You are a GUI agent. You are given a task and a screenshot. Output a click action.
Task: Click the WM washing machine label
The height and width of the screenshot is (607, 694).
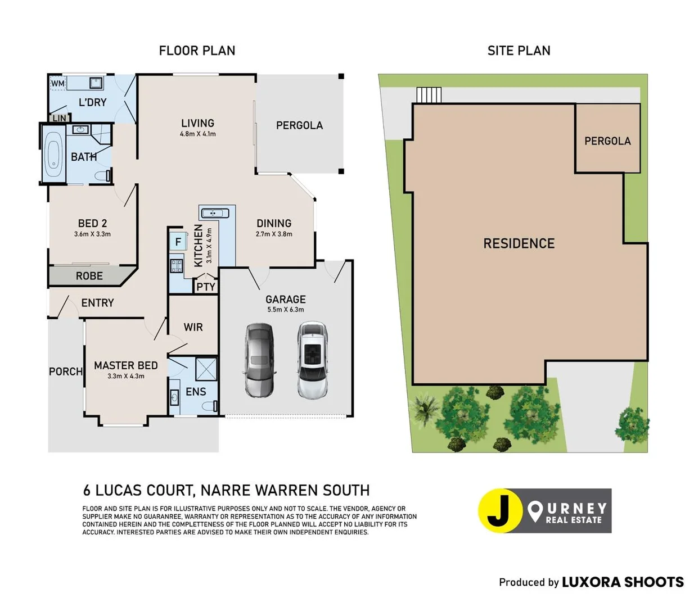click(58, 83)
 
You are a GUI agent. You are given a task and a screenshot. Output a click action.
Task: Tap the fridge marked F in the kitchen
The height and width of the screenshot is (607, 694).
click(178, 242)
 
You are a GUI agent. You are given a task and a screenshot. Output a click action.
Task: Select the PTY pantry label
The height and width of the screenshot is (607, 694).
click(206, 287)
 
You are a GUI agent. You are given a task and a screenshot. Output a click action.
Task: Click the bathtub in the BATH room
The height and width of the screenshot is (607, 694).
click(53, 154)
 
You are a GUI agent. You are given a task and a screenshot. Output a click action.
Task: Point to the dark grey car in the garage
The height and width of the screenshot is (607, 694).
click(259, 360)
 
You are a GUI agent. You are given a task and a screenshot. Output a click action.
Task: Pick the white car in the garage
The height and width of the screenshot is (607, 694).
click(313, 360)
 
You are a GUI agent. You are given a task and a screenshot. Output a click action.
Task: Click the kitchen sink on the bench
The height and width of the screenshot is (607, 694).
click(215, 213)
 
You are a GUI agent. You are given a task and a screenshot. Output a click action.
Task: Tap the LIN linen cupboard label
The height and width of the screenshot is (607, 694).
click(60, 118)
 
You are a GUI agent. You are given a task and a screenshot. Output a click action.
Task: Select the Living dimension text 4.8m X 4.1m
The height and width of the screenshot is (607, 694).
click(198, 134)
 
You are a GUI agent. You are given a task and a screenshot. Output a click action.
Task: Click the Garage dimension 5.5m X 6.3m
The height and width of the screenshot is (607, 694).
click(286, 310)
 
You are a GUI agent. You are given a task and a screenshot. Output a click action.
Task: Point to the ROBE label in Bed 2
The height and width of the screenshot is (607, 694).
click(89, 276)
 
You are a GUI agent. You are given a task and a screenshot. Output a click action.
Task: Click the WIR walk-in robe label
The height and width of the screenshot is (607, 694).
click(193, 327)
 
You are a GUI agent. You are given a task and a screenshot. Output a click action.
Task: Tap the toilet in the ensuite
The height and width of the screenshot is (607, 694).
click(209, 406)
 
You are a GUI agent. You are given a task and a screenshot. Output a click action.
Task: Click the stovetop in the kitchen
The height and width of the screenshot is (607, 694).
click(177, 266)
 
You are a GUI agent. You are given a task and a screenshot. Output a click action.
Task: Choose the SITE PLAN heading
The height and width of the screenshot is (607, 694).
click(519, 51)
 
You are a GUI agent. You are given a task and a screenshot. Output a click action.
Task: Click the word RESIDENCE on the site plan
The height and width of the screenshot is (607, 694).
click(519, 243)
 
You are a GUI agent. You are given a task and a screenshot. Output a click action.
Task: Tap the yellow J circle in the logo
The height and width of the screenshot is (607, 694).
click(500, 510)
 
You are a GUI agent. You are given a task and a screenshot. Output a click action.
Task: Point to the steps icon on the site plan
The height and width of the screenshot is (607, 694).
click(429, 95)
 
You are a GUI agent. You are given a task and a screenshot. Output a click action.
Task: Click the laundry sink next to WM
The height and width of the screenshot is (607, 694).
click(96, 83)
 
